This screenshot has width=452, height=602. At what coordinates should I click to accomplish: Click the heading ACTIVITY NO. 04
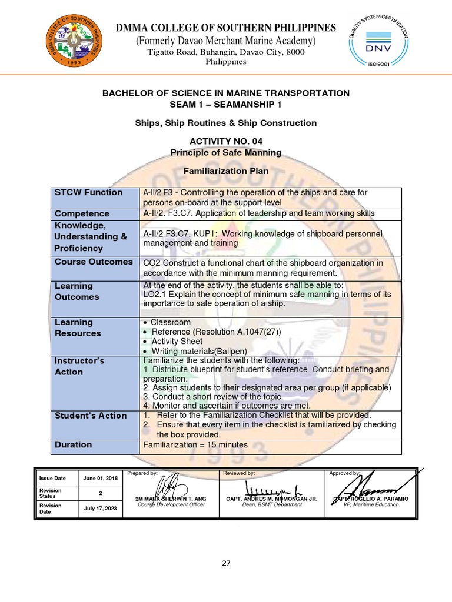point(226,142)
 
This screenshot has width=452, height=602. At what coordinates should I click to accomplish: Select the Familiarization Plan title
point(226,171)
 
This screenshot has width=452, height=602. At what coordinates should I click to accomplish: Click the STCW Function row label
point(88,192)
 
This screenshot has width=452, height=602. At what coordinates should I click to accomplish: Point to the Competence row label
point(82,213)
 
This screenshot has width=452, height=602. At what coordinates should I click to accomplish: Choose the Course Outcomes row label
point(94,262)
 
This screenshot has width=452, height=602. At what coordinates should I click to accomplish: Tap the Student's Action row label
point(91,416)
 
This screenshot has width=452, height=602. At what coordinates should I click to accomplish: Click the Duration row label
point(73,444)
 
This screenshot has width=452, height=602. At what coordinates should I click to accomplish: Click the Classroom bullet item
point(171,322)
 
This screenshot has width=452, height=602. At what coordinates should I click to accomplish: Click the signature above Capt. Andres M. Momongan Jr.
point(272,489)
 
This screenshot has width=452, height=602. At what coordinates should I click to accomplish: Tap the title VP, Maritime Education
point(371,505)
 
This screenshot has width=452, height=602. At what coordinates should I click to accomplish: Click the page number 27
point(226,563)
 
